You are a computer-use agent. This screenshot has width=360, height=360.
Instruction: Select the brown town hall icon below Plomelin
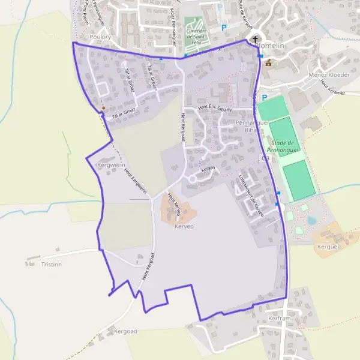click(268, 62)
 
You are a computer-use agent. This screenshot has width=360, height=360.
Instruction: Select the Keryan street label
click(208, 169)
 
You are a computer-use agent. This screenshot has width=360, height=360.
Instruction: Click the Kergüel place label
click(324, 246)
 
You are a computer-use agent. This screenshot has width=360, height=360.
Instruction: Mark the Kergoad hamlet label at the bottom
click(125, 331)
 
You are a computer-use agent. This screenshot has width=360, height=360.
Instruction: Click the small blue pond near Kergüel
click(311, 220)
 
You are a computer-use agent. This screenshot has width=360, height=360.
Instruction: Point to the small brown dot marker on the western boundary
click(103, 109)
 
